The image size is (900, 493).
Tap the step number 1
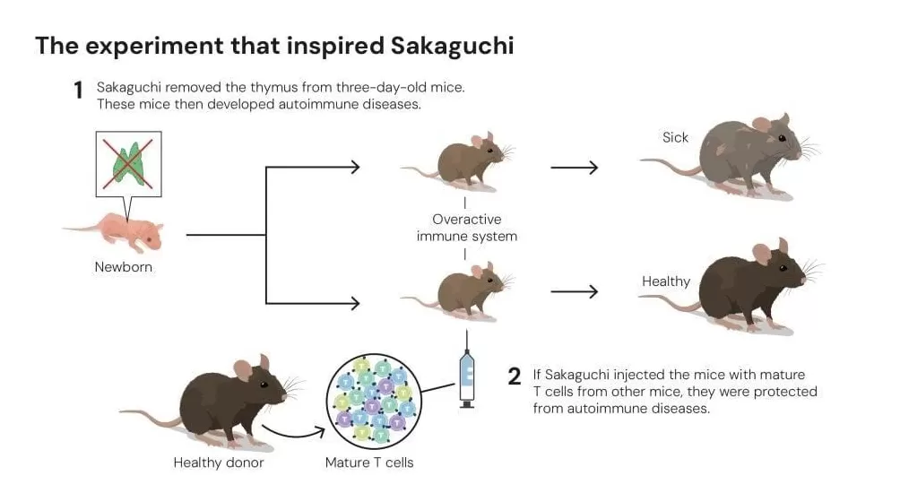[79, 90]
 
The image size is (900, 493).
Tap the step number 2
[514, 376]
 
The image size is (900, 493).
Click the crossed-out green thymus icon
[128, 164]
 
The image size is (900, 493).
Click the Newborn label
[124, 266]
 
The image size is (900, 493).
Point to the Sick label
[675, 137]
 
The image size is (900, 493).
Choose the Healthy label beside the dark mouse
[666, 281]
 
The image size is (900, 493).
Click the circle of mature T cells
[374, 401]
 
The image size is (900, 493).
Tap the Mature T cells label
[369, 463]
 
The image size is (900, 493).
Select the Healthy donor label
[219, 463]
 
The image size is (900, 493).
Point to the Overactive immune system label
[467, 228]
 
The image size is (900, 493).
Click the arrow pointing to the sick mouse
[574, 168]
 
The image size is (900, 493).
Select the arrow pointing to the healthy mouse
[574, 291]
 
